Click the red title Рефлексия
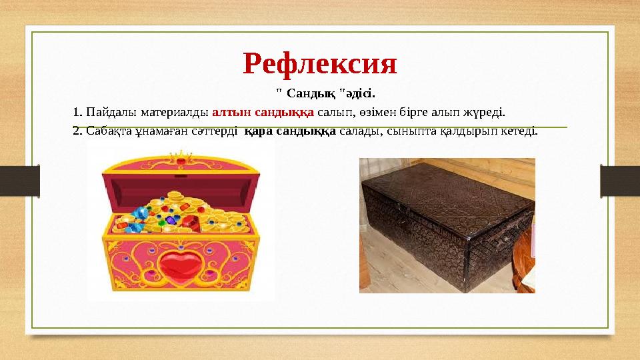320,63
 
